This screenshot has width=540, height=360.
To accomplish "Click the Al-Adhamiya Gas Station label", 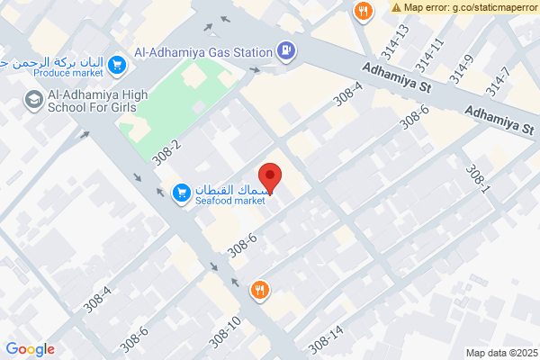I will [x=202, y=52].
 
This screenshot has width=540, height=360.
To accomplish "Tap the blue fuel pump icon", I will [x=286, y=51].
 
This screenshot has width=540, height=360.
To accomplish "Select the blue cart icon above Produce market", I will [x=116, y=65].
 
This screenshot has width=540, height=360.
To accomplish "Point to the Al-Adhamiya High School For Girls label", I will [x=94, y=102].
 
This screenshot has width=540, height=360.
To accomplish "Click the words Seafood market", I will [x=231, y=201].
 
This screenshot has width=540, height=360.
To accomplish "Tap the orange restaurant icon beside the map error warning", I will [x=363, y=12].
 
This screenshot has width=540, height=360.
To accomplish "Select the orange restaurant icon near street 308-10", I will [x=260, y=289].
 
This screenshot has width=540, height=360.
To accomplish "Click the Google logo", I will [x=30, y=349].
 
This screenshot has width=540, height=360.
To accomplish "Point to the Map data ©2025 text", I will [x=500, y=352].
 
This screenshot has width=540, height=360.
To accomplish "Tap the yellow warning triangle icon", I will [x=397, y=7].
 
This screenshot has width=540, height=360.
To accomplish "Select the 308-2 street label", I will [x=166, y=150].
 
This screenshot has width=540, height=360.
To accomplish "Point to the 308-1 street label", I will [x=476, y=179].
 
